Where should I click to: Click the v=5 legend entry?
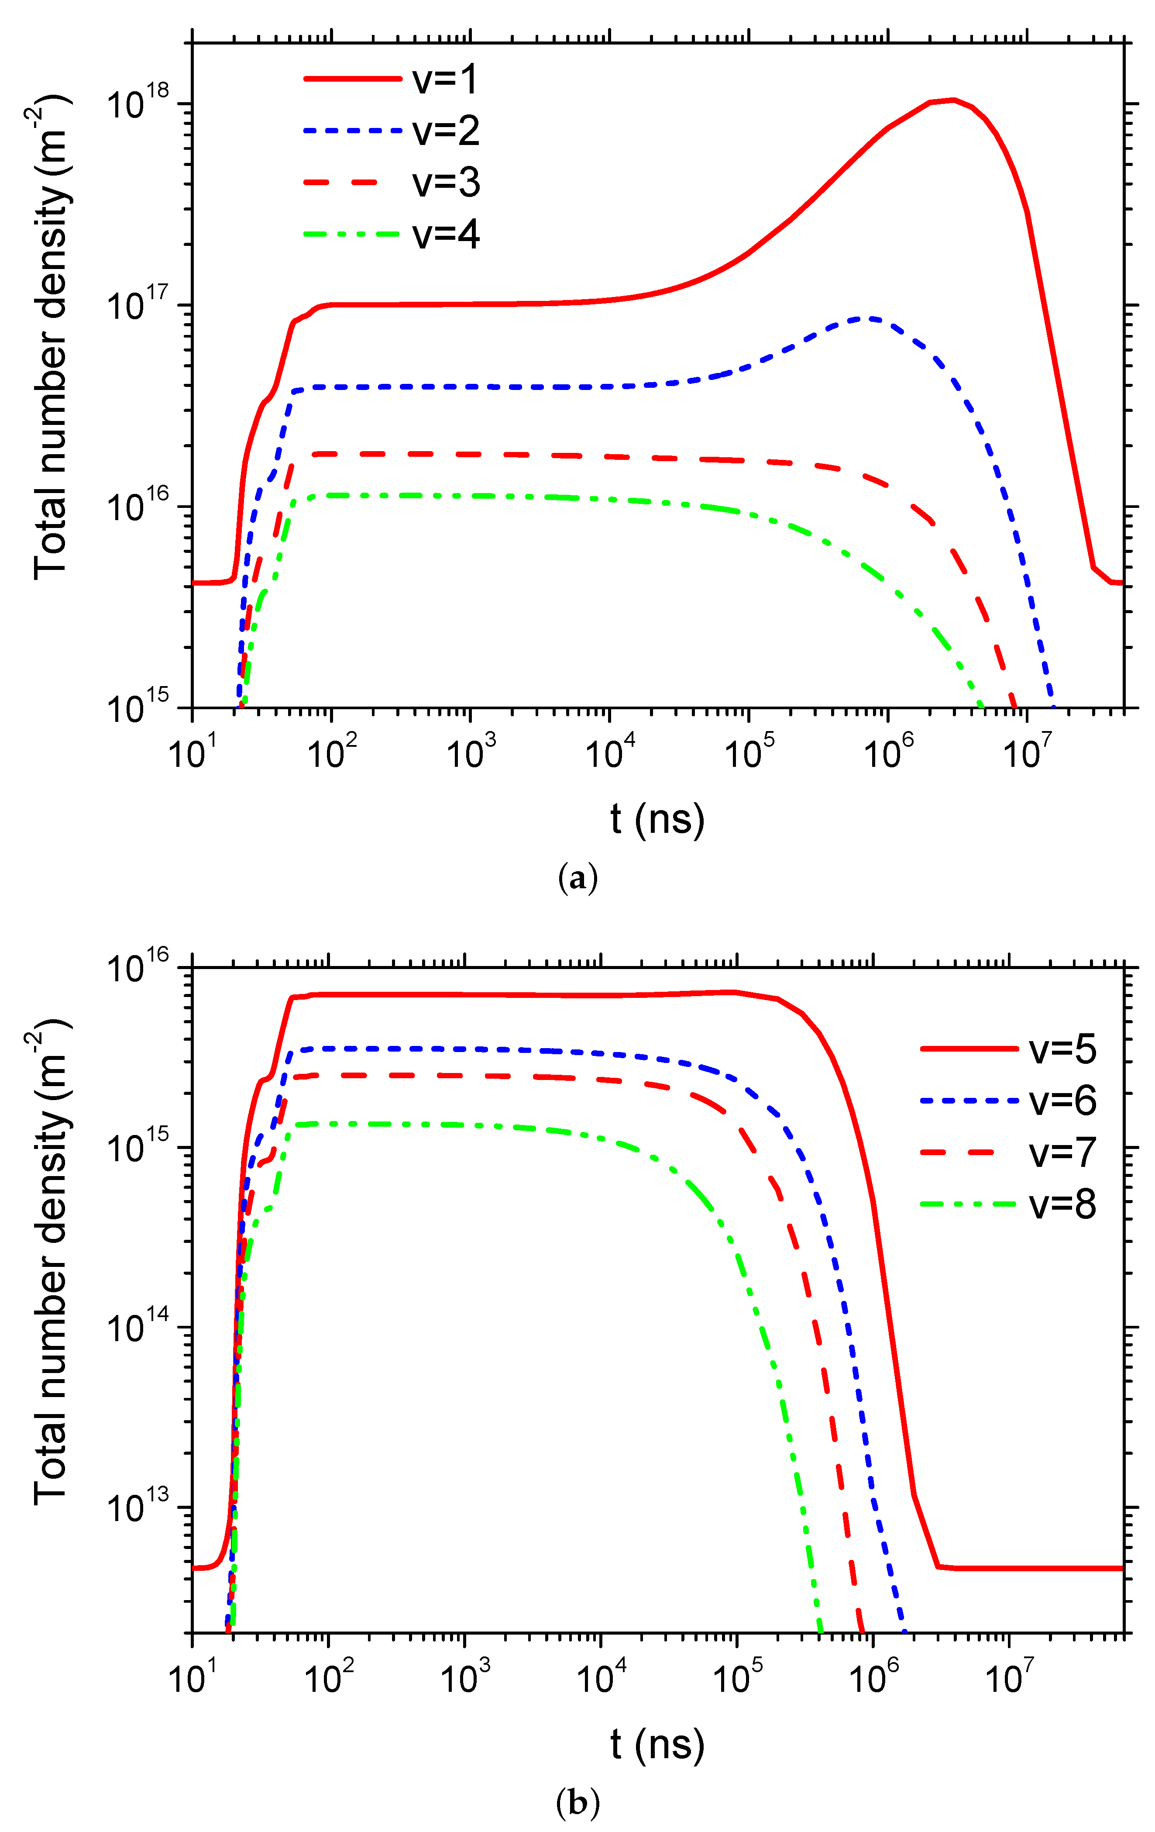point(1062,1049)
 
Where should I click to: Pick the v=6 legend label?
point(1062,1101)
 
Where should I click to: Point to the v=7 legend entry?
point(1062,1152)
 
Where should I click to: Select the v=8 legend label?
point(1062,1204)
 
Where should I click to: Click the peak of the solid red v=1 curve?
point(952,100)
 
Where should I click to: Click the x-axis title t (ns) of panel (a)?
point(657,819)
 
